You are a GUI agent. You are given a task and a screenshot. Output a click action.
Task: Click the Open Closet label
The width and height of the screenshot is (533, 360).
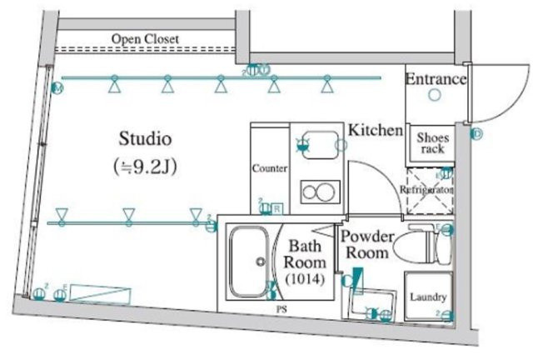tap(146, 39)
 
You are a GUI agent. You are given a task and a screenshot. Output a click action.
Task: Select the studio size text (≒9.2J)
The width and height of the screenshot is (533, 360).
tap(146, 165)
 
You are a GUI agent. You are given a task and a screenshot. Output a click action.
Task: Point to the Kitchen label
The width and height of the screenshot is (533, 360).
tap(376, 131)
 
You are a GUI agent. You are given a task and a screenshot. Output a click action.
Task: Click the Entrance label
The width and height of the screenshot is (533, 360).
tap(435, 79)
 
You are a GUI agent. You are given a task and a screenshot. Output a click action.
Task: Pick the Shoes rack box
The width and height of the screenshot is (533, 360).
tap(432, 143)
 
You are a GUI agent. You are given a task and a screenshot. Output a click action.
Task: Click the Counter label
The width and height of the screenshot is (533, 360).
tap(269, 167)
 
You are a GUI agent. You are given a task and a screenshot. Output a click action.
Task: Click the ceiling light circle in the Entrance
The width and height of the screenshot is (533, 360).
tap(434, 96)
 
